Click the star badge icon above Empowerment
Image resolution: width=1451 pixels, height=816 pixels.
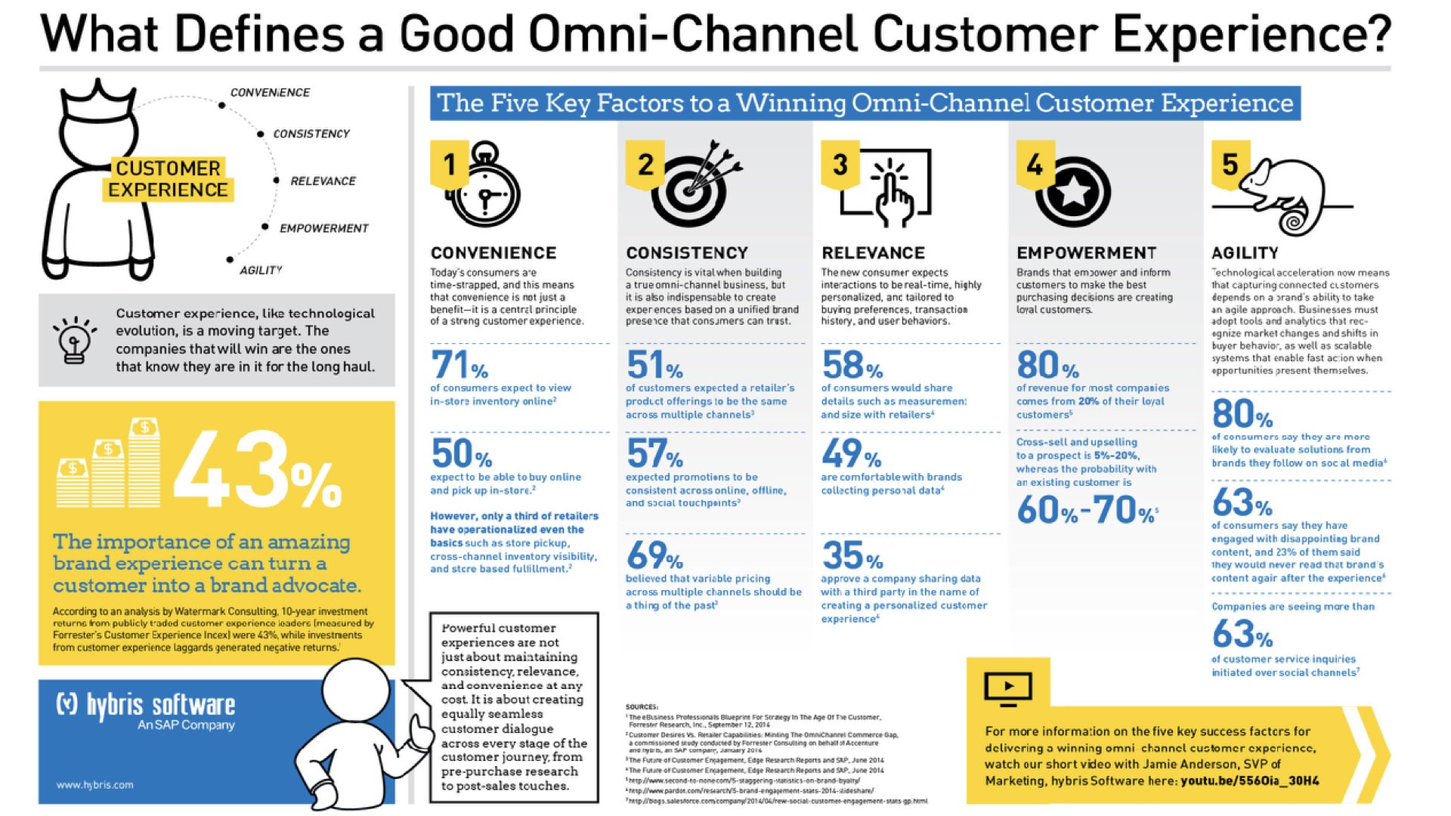pyautogui.click(x=1073, y=192)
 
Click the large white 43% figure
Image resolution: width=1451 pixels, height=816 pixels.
pyautogui.click(x=257, y=470)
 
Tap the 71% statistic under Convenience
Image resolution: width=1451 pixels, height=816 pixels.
pyautogui.click(x=459, y=365)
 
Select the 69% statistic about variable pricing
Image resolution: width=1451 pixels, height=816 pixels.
pyautogui.click(x=654, y=556)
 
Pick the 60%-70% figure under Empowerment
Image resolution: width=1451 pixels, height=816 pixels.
pyautogui.click(x=1086, y=510)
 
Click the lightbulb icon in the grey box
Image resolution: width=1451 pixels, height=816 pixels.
pyautogui.click(x=74, y=340)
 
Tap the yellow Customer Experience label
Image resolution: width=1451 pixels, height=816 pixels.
pyautogui.click(x=168, y=179)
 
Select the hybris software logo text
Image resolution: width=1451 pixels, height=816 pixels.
pyautogui.click(x=147, y=705)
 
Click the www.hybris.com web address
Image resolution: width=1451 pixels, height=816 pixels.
pyautogui.click(x=94, y=785)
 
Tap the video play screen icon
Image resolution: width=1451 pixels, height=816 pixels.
pyautogui.click(x=1008, y=688)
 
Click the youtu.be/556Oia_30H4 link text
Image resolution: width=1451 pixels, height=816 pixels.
pyautogui.click(x=1249, y=780)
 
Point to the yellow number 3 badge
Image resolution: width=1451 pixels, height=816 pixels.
pyautogui.click(x=840, y=164)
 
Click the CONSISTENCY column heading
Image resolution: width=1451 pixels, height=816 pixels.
pyautogui.click(x=686, y=253)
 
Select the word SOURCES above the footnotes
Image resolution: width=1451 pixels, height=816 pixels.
pyautogui.click(x=642, y=706)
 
